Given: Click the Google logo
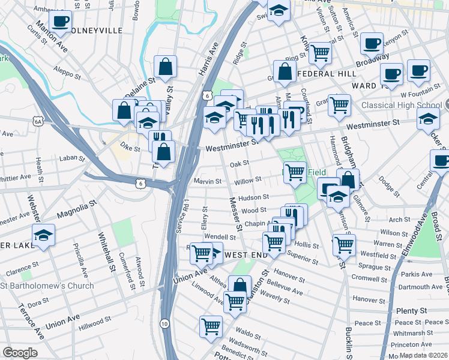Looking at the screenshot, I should click(20, 352).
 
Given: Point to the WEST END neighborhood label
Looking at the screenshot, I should click(245, 255).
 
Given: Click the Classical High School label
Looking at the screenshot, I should click(401, 105).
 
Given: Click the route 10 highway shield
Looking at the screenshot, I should click(164, 323).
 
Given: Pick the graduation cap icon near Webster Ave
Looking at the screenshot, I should click(43, 235).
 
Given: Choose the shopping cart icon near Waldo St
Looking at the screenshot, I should click(211, 327).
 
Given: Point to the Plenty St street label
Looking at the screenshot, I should click(411, 311).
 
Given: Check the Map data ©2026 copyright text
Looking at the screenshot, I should click(423, 355).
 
